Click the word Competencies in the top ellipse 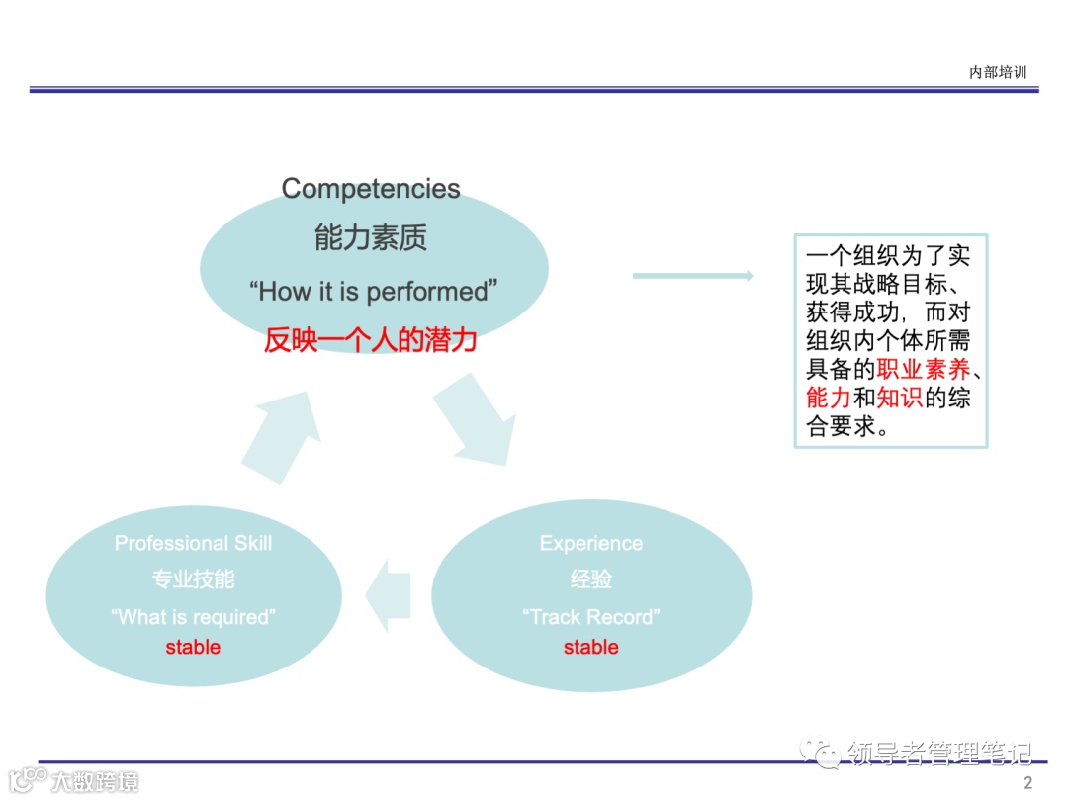tap(371, 189)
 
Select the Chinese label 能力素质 tap(371, 238)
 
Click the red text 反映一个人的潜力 tap(371, 341)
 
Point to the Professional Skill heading tap(193, 543)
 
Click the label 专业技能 tap(193, 578)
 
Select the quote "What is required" tap(193, 617)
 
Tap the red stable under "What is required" tap(193, 648)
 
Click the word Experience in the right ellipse tap(590, 543)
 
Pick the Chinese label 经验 tap(590, 578)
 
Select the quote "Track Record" tap(590, 617)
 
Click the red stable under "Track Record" tap(590, 648)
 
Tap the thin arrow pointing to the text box tap(692, 276)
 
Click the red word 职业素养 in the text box tap(923, 371)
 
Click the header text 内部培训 tap(998, 72)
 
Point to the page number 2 tap(1027, 783)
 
